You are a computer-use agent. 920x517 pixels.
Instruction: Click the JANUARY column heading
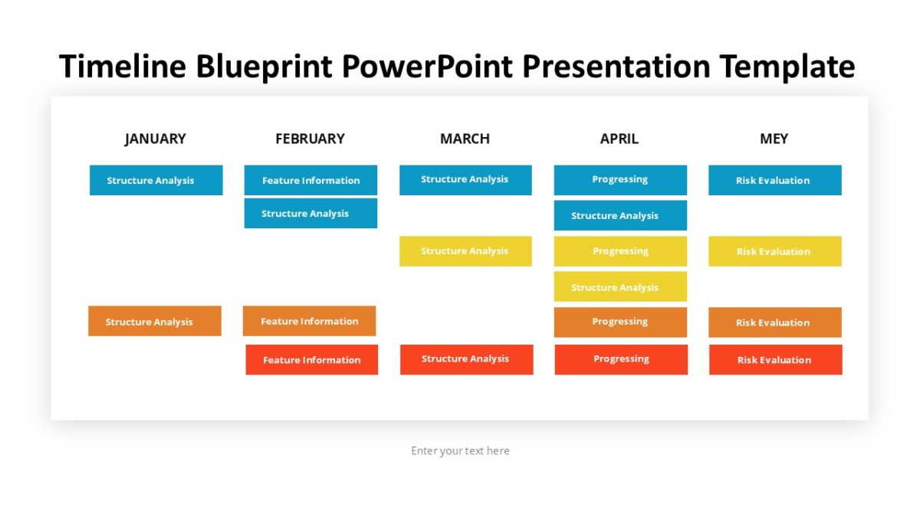point(155,139)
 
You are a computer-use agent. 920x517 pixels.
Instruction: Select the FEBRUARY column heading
point(310,139)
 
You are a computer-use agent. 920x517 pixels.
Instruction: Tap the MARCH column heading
point(465,139)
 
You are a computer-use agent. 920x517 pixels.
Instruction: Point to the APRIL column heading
point(619,139)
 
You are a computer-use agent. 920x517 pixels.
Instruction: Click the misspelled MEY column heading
point(774,139)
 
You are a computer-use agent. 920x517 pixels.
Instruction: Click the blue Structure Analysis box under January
point(156,180)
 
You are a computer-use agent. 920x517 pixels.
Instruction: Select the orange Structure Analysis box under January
point(155,321)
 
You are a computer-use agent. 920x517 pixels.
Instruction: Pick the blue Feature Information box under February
point(310,180)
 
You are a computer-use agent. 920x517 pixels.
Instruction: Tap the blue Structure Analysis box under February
point(310,213)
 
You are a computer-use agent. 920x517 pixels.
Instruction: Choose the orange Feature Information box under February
point(309,321)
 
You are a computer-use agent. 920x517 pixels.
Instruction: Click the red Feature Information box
point(311,359)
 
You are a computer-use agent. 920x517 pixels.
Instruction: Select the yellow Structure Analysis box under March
point(465,251)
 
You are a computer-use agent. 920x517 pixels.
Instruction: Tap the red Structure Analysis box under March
point(466,359)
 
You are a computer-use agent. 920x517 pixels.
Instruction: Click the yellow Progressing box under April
point(620,251)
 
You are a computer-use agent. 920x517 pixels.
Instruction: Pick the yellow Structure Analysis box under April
point(620,286)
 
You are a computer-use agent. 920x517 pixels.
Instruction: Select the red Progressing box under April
point(621,359)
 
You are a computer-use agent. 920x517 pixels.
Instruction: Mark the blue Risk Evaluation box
point(774,180)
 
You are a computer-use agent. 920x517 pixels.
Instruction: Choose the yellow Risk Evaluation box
point(774,251)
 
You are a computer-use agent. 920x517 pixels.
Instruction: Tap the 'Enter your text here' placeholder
point(460,450)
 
